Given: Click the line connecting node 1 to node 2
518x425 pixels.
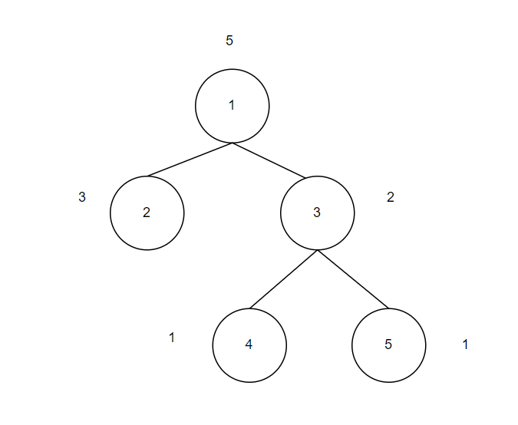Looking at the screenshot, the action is tap(190, 160).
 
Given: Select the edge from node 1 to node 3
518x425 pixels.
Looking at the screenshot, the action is tap(269, 160).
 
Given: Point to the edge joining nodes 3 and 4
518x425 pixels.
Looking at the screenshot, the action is tap(283, 279).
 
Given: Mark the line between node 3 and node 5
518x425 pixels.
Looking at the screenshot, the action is tap(353, 279).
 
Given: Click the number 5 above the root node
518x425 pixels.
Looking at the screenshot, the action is tap(229, 41).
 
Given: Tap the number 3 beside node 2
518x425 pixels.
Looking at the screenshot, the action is tap(82, 196).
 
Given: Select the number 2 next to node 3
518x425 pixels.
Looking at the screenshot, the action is tap(391, 197).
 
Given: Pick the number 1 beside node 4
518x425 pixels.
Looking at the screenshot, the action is tap(172, 337).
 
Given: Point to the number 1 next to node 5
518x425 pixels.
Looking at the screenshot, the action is tap(465, 344).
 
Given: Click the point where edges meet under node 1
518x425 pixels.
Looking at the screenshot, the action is tap(233, 143).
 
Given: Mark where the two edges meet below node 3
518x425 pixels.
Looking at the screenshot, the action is tap(318, 250).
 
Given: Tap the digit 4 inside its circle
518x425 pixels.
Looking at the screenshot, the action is tap(249, 344).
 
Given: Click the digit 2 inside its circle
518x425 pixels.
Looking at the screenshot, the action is tap(147, 213).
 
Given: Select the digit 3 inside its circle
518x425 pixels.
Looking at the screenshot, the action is tap(317, 213).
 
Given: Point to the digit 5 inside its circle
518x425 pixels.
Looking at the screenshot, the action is tap(388, 344).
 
